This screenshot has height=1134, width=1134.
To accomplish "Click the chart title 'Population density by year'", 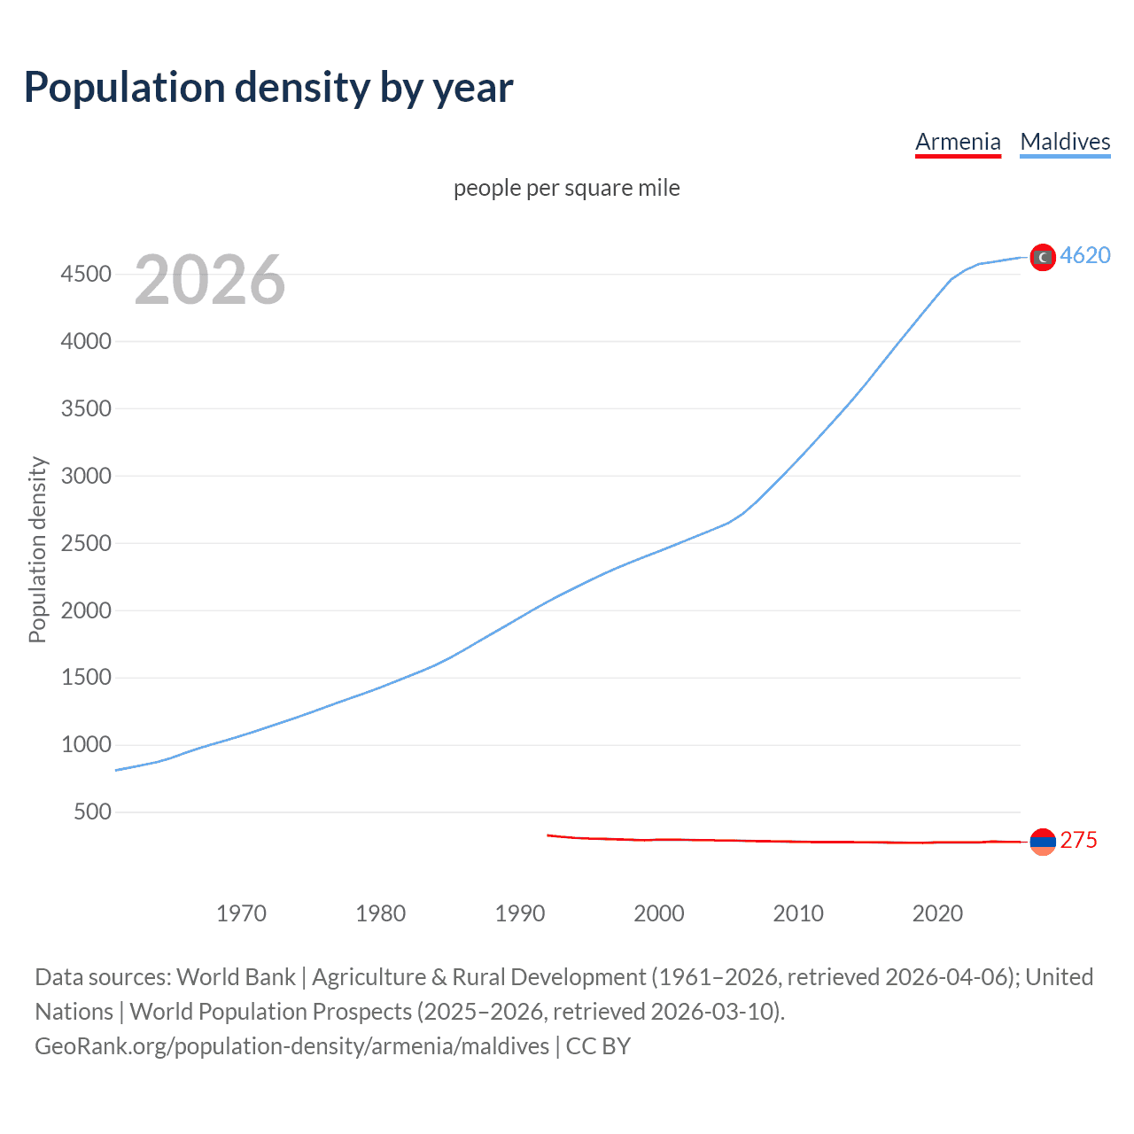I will [268, 88].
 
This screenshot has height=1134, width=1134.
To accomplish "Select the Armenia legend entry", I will [958, 142].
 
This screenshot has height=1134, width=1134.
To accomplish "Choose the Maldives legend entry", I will [1065, 142].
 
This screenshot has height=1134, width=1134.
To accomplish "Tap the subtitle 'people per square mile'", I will [566, 188].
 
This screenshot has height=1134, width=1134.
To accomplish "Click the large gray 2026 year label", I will [210, 280].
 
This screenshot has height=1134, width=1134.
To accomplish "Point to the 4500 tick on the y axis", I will [86, 274].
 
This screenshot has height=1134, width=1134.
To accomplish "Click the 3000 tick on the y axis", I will [86, 476].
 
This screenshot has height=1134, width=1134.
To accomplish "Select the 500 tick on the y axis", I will [92, 812].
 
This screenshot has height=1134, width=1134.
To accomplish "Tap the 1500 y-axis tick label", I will [86, 678].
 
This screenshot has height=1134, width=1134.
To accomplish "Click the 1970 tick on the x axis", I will [241, 913].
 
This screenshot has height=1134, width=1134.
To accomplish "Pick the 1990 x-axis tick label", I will [520, 913].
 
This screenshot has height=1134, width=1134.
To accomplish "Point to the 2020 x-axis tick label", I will [937, 913].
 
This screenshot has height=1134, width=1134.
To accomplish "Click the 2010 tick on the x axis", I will [798, 913].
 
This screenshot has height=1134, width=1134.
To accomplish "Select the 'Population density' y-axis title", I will [37, 549].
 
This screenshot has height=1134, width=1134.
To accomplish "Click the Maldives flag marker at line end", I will [1043, 257].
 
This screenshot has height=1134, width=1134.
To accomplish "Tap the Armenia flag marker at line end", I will [1043, 842].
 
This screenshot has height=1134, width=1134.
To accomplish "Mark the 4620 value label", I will [1085, 255].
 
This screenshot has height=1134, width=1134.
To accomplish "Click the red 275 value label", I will [1078, 840].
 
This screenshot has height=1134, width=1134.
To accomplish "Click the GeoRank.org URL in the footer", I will [292, 1046].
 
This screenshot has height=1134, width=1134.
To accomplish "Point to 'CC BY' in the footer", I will [598, 1046].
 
